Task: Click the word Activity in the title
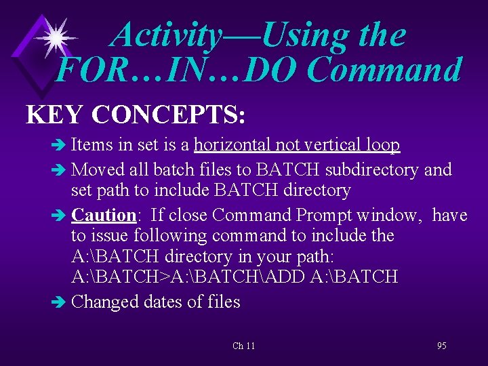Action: click(x=167, y=35)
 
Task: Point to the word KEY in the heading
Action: click(x=54, y=115)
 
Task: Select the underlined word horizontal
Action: click(x=235, y=145)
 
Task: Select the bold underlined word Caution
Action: click(x=104, y=216)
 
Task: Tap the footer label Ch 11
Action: click(x=244, y=346)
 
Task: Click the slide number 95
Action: click(x=441, y=346)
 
